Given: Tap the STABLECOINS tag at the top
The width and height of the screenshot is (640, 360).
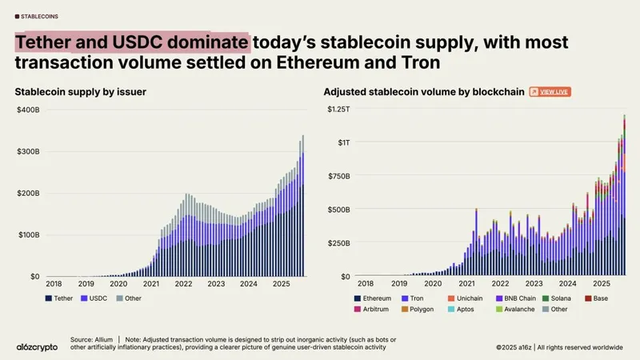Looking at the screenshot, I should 42,15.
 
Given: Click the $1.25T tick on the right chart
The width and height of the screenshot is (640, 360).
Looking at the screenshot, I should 336,109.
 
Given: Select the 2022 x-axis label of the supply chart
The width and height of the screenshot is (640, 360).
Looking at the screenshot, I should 184,283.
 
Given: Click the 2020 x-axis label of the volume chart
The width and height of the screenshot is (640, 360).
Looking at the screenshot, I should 431,283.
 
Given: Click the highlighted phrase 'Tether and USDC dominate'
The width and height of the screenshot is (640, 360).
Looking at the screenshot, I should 133,42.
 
